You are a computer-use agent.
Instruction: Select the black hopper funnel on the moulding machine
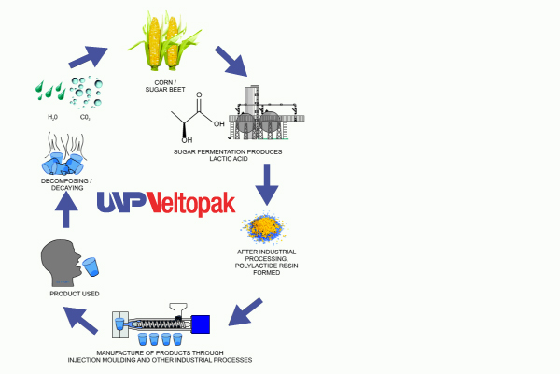click(x=178, y=309)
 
